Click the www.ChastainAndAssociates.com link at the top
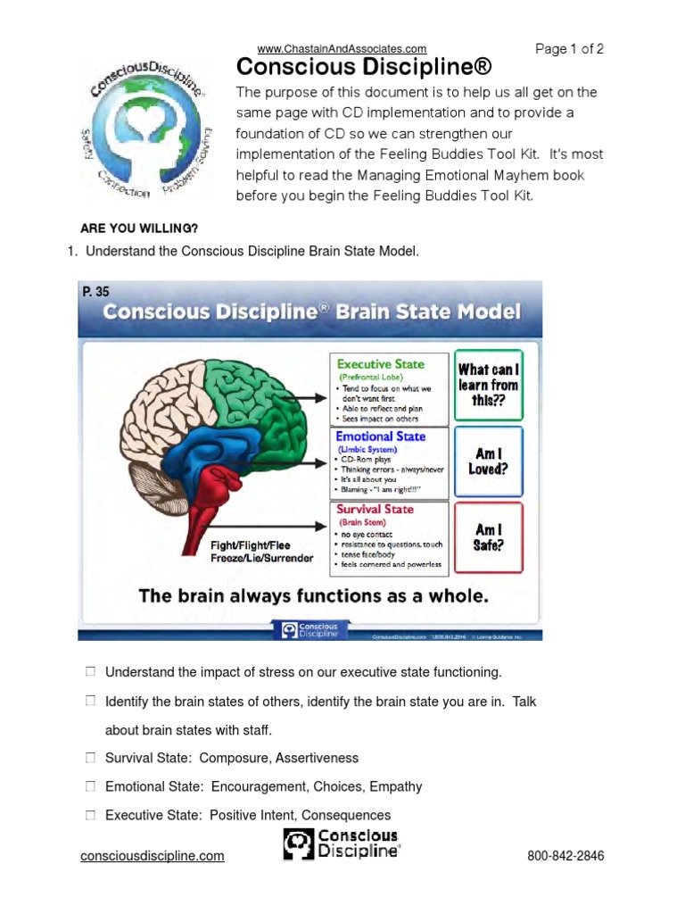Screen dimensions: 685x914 point(342,48)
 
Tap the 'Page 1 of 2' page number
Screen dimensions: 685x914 point(569,49)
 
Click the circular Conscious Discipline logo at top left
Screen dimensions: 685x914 point(148,129)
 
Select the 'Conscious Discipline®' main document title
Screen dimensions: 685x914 point(363,68)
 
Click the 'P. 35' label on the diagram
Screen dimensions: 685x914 point(95,292)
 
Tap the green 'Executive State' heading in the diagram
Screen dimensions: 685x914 point(379,364)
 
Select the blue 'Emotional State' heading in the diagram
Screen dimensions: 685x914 point(380,436)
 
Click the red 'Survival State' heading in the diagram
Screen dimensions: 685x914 point(375,509)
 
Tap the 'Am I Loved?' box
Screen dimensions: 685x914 point(488,461)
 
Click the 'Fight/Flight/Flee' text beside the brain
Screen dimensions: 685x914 point(251,544)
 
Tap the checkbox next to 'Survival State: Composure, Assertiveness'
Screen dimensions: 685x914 point(90,758)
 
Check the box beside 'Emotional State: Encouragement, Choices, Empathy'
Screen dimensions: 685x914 point(90,786)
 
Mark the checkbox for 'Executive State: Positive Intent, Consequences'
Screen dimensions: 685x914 point(90,815)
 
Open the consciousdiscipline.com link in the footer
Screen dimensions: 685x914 point(152,856)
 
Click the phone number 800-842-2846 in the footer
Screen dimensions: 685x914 point(565,856)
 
